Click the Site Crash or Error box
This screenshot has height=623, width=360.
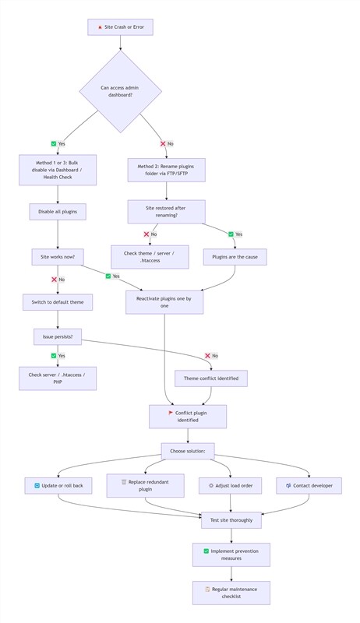tap(120, 27)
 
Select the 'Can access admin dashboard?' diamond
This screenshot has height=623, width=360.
tap(120, 91)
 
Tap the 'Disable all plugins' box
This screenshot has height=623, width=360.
tap(58, 212)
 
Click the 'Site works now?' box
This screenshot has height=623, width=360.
tap(58, 257)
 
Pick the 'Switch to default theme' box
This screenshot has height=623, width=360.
tap(58, 302)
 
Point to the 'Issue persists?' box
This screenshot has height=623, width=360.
tap(58, 337)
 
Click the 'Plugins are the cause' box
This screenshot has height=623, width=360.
tap(235, 257)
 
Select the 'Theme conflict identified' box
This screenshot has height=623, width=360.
tap(211, 378)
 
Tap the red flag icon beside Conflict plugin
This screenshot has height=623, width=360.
tap(171, 413)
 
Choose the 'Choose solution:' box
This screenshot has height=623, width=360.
tap(188, 452)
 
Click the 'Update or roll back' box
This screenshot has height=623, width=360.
tap(58, 485)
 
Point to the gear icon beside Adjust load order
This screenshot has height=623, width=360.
tap(211, 485)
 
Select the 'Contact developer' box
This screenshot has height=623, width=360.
tap(309, 485)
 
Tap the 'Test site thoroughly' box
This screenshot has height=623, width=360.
tap(231, 520)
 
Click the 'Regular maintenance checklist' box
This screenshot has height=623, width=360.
tap(231, 593)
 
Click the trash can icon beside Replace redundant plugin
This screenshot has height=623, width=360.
tap(124, 482)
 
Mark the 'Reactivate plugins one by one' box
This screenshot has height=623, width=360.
tap(164, 302)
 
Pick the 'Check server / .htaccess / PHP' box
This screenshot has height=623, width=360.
tap(58, 378)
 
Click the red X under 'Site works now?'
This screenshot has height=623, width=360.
tap(54, 280)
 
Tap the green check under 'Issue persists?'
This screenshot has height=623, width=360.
tap(54, 356)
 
